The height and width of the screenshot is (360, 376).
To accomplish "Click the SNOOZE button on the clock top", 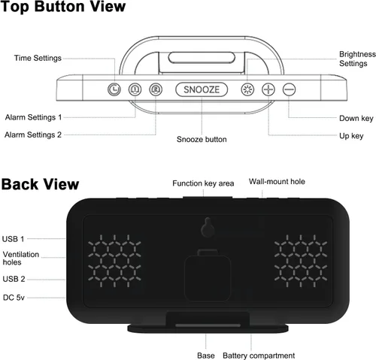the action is coord(202,89).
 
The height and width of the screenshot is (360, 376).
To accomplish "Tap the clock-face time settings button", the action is coord(114,89).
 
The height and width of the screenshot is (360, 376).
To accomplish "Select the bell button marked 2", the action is coord(156,89).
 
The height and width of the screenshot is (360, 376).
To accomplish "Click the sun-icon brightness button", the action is coord(247,89).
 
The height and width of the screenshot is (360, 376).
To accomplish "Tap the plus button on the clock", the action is coord(268,89).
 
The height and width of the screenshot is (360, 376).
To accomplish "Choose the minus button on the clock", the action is coord(289,89).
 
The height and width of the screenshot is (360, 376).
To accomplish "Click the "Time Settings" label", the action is coord(38,58).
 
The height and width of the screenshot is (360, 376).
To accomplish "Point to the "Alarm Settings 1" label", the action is coord(33,117).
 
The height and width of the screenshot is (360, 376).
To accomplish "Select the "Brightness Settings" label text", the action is coord(357,59).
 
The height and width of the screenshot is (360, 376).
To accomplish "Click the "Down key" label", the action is coord(356,118).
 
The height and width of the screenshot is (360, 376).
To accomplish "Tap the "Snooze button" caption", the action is coord(202,139).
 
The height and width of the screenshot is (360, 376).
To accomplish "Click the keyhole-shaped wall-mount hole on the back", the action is coord(208,227).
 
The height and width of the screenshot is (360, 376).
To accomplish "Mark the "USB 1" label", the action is coord(13,239).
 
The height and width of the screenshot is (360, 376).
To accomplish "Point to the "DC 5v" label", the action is coord(14,298).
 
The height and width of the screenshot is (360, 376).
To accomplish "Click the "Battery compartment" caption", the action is coord(259,355).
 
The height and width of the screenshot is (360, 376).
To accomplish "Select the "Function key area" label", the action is coord(203,183).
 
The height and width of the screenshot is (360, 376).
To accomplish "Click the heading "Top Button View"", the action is coord(62,7).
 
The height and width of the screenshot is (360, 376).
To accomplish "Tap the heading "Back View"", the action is coord(40,184).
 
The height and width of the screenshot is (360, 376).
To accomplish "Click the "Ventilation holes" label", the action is coord(21,259).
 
